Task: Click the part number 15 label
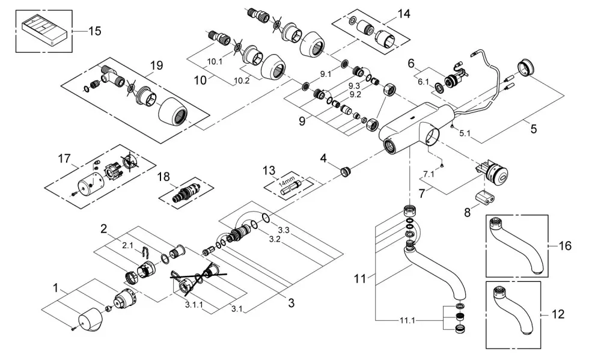[95, 31]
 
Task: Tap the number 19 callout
[156, 65]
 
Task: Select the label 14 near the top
[404, 14]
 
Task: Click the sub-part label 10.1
[215, 62]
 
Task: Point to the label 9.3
[354, 87]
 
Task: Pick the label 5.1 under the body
[465, 133]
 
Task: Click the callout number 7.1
[429, 174]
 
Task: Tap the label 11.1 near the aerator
[407, 320]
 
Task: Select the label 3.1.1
[194, 305]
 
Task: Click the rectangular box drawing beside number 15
[44, 29]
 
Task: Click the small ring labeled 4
[346, 171]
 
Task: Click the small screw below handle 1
[73, 327]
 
